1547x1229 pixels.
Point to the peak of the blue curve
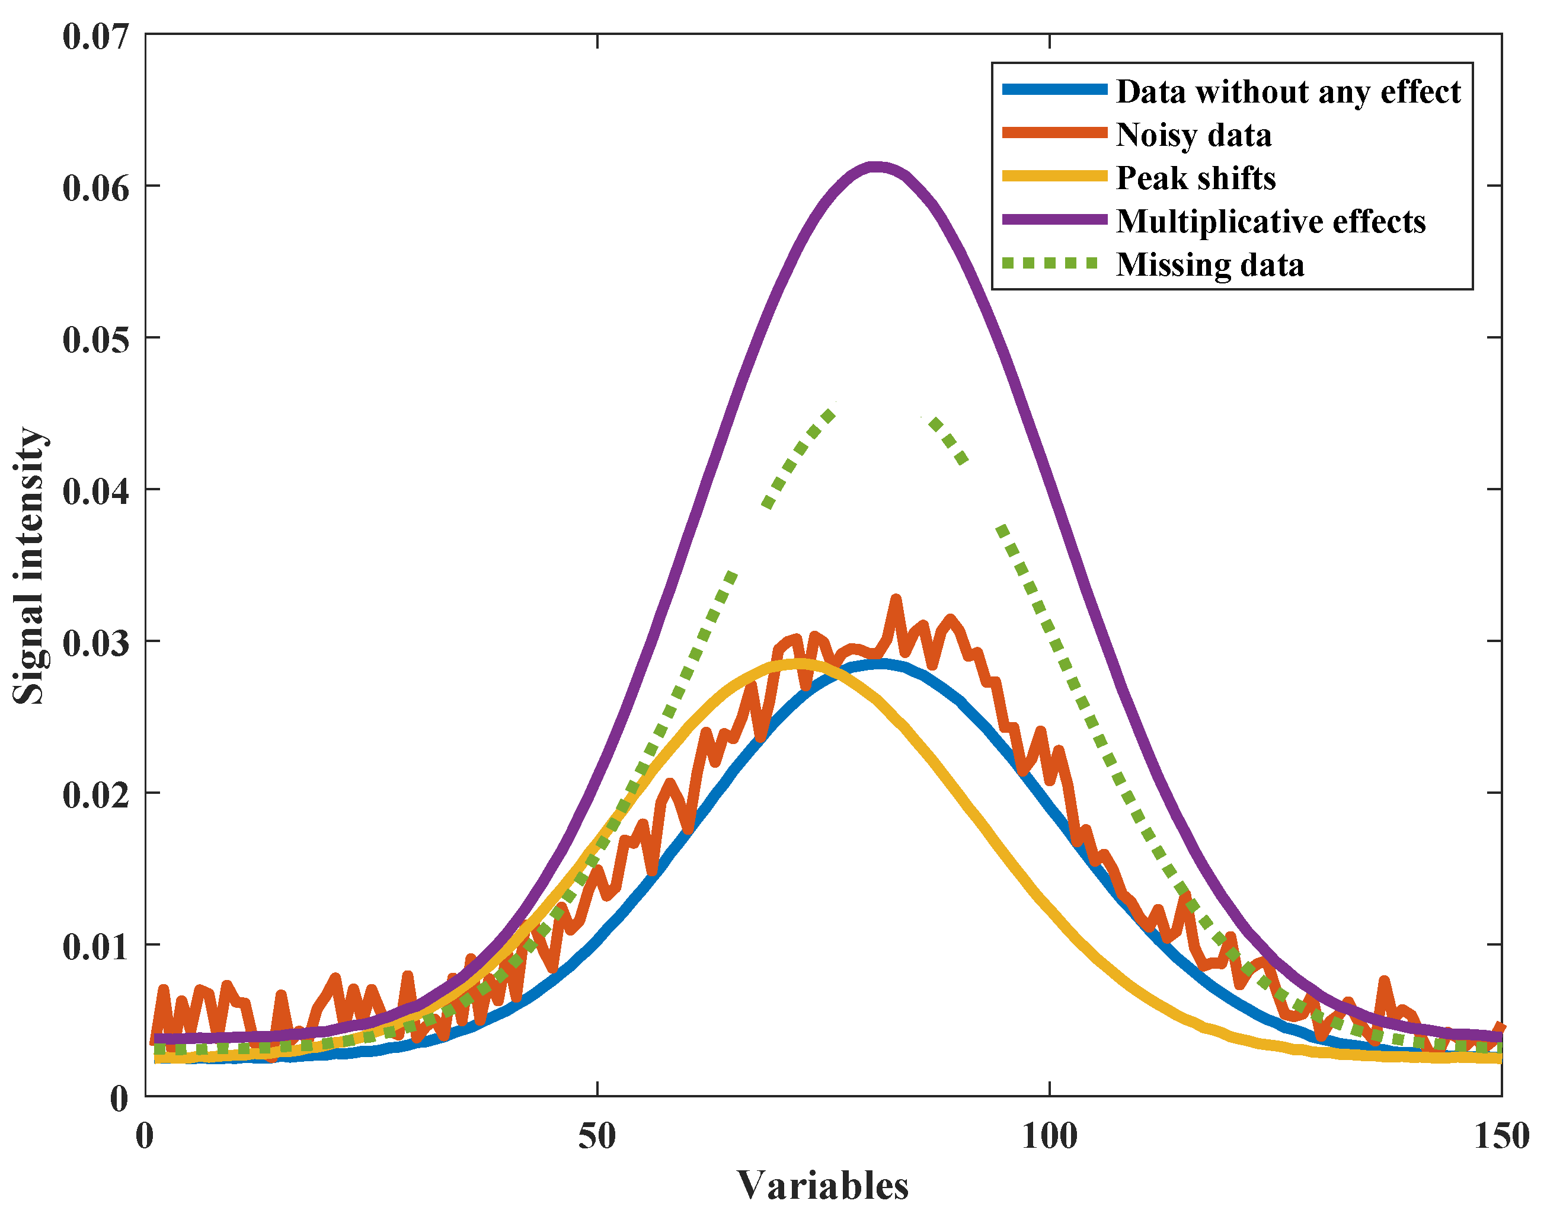[878, 664]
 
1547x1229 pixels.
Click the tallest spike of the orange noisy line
[896, 599]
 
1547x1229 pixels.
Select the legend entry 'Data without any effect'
[1288, 92]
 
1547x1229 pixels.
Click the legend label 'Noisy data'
[1193, 135]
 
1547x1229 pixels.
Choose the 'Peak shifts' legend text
[1196, 178]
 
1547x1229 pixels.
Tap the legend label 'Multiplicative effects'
[1271, 221]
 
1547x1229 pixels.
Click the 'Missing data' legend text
[1210, 265]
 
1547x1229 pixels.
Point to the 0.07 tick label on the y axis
[95, 37]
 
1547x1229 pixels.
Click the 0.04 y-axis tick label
[95, 491]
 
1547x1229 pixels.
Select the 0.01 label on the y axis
[95, 946]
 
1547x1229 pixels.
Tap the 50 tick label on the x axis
[597, 1136]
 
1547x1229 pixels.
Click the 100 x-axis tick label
[1049, 1136]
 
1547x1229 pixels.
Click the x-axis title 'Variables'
[822, 1186]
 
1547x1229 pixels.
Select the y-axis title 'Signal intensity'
[30, 565]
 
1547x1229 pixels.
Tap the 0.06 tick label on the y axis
[95, 187]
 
